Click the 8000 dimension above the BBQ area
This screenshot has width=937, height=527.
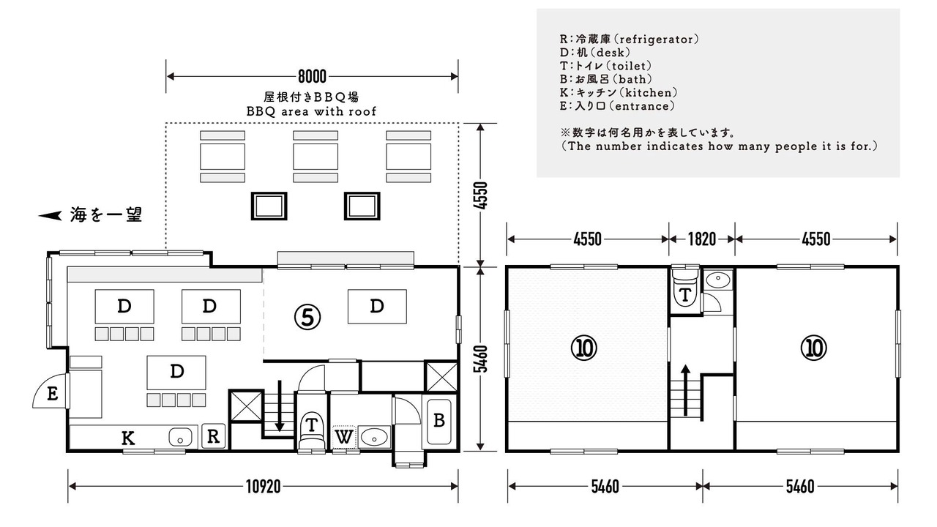(x=312, y=77)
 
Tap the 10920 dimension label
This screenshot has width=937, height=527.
(x=263, y=487)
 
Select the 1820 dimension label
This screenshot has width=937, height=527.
(x=702, y=239)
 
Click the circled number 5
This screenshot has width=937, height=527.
(x=307, y=317)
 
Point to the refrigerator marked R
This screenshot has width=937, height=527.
(x=213, y=436)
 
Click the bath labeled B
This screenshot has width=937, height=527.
(x=438, y=421)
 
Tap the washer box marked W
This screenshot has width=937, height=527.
(x=344, y=438)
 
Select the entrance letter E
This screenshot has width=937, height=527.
(x=52, y=394)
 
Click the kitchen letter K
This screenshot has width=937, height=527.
(x=128, y=438)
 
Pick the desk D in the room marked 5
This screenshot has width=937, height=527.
(x=377, y=307)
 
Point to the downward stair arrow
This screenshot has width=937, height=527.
(x=279, y=405)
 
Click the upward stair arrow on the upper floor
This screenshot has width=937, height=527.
(x=685, y=390)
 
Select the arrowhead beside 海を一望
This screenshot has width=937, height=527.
(x=50, y=215)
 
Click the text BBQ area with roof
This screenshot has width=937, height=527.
(x=311, y=112)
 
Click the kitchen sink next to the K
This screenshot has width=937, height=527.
(x=180, y=438)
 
